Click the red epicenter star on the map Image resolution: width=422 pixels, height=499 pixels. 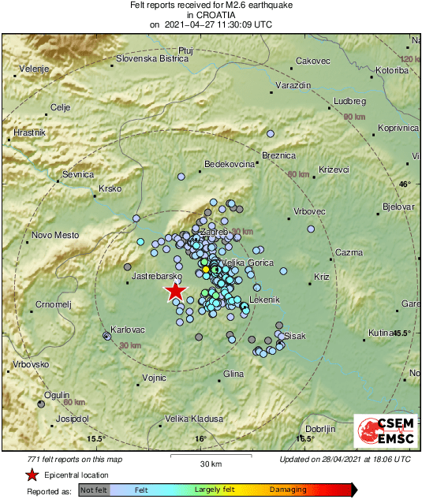click(x=175, y=292)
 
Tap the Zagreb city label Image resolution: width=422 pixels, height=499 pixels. click(x=215, y=233)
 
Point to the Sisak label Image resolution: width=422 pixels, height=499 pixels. click(x=294, y=336)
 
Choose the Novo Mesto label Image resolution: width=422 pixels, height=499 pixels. click(x=55, y=235)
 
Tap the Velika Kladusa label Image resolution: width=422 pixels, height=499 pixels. click(x=193, y=419)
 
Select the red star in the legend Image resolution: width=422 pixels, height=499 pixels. click(x=32, y=475)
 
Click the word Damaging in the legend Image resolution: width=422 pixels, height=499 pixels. click(x=288, y=490)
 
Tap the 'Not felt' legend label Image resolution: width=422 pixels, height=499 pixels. click(x=93, y=490)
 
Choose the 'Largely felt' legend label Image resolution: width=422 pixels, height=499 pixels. click(x=215, y=490)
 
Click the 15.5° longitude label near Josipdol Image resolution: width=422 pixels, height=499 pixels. click(x=95, y=438)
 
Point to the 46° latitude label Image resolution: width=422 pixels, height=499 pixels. click(x=405, y=184)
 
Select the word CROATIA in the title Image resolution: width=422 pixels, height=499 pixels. click(x=210, y=15)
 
